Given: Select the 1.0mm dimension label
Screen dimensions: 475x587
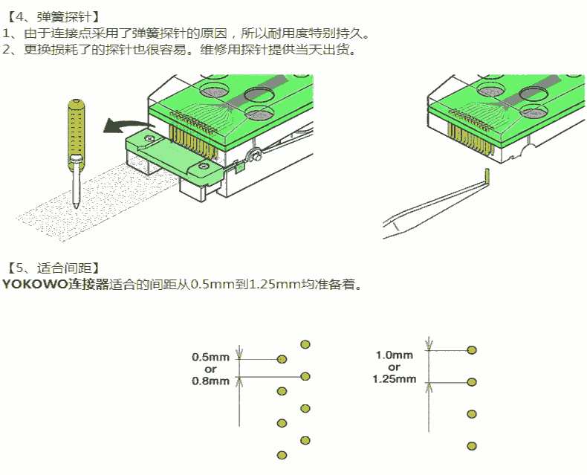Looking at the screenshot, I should [394, 355].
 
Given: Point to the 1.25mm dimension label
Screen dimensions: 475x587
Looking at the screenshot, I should [394, 379].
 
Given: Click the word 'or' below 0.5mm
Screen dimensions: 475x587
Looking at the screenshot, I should [210, 369].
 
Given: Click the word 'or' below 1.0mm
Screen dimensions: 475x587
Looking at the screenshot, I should [394, 367].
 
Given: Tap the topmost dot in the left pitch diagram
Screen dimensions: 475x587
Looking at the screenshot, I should [305, 343].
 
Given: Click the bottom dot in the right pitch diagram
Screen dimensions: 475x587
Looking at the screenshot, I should [471, 446].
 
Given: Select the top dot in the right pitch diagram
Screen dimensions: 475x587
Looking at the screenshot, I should [471, 349].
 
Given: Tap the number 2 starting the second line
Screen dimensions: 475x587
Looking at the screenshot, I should [7, 50].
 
